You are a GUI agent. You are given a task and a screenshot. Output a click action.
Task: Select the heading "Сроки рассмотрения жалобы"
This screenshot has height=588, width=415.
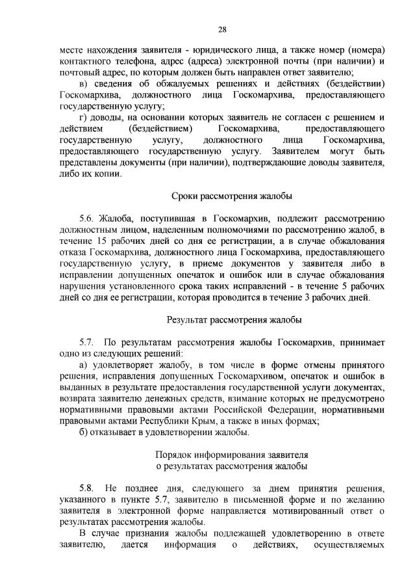pos(232,195)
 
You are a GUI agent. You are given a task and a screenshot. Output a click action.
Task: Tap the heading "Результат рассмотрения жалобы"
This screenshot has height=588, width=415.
pos(233,320)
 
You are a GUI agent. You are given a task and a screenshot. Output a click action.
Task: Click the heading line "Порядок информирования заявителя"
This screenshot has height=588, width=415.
pos(232,453)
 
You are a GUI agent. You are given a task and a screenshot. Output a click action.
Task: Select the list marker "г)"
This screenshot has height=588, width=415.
pos(82,116)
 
